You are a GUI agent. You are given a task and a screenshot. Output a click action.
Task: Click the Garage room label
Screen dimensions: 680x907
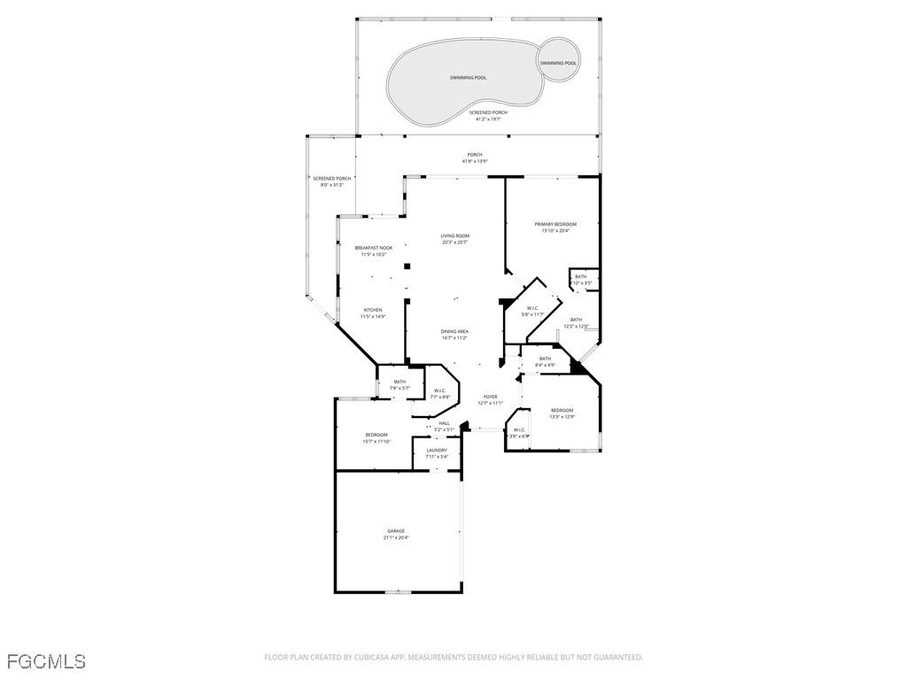396,530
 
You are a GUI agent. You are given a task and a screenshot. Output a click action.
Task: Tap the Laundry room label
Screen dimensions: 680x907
437,450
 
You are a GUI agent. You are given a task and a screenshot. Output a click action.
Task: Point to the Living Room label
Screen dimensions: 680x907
454,236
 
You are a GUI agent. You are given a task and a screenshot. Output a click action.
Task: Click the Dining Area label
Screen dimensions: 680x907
454,331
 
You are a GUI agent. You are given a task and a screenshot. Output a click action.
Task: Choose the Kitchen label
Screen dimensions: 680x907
372,310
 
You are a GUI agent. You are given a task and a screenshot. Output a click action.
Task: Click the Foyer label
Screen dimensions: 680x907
490,397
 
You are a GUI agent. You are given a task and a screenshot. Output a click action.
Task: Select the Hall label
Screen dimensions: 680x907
443,423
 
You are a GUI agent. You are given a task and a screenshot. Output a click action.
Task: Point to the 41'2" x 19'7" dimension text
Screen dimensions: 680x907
488,119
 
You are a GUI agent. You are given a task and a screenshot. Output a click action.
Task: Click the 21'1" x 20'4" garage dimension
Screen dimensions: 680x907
396,537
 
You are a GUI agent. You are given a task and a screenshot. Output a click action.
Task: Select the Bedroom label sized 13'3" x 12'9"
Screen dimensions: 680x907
562,410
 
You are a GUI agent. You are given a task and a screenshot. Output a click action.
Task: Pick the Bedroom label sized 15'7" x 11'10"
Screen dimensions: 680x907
376,435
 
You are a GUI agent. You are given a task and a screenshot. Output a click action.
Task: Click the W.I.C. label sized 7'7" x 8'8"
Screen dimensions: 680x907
439,390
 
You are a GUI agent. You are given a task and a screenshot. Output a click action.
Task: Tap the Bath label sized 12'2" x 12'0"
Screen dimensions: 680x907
576,320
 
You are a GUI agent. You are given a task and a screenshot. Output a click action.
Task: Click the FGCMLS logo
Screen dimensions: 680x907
46,661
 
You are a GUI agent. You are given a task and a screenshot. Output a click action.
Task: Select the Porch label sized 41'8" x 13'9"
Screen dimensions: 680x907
475,154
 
